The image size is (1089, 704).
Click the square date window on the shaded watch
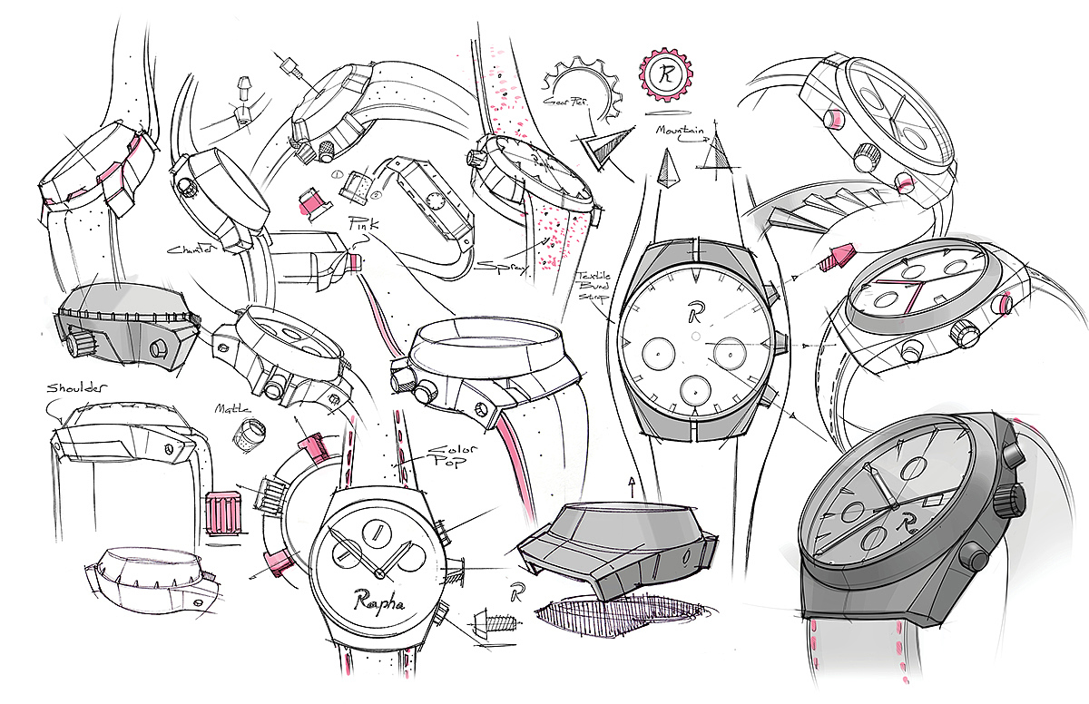click(932, 500)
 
